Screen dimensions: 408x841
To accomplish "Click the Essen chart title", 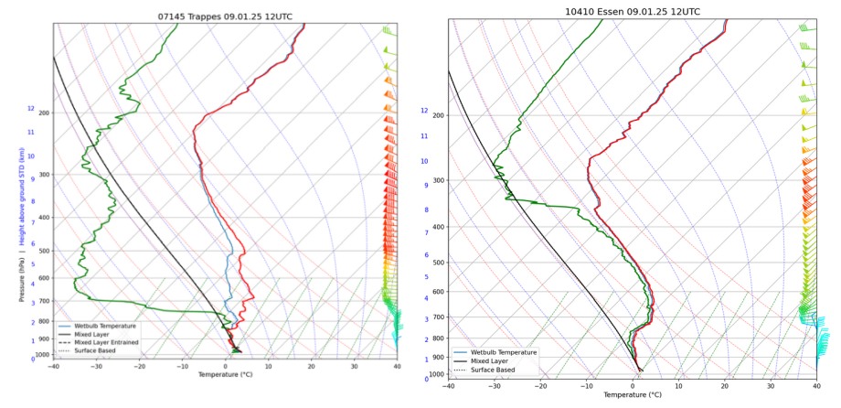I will pyautogui.click(x=632, y=12).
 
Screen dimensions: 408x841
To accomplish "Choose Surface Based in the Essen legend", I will pyautogui.click(x=494, y=370).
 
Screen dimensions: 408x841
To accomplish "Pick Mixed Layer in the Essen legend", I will pyautogui.click(x=493, y=361).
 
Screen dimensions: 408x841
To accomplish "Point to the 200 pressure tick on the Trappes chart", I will pyautogui.click(x=44, y=113).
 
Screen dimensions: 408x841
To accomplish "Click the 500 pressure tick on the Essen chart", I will pyautogui.click(x=436, y=263).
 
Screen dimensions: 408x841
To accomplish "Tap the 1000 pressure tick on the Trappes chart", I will pyautogui.click(x=42, y=355).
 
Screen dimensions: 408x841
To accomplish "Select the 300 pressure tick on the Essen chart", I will pyautogui.click(x=436, y=180).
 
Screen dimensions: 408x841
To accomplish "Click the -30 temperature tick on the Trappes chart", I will pyautogui.click(x=97, y=367).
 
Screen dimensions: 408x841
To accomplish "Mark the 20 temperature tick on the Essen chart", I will pyautogui.click(x=724, y=386).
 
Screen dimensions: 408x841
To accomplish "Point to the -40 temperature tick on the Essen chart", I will pyautogui.click(x=448, y=386).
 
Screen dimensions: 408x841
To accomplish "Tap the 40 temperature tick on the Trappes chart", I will pyautogui.click(x=397, y=367).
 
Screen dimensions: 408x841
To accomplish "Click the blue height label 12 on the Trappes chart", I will pyautogui.click(x=30, y=109).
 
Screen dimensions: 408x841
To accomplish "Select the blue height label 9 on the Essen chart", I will pyautogui.click(x=425, y=186).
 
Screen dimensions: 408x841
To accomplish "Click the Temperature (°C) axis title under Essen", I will pyautogui.click(x=632, y=395).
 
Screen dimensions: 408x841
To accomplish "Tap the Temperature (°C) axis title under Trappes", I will pyautogui.click(x=225, y=375).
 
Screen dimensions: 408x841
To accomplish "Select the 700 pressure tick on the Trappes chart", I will pyautogui.click(x=44, y=301).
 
